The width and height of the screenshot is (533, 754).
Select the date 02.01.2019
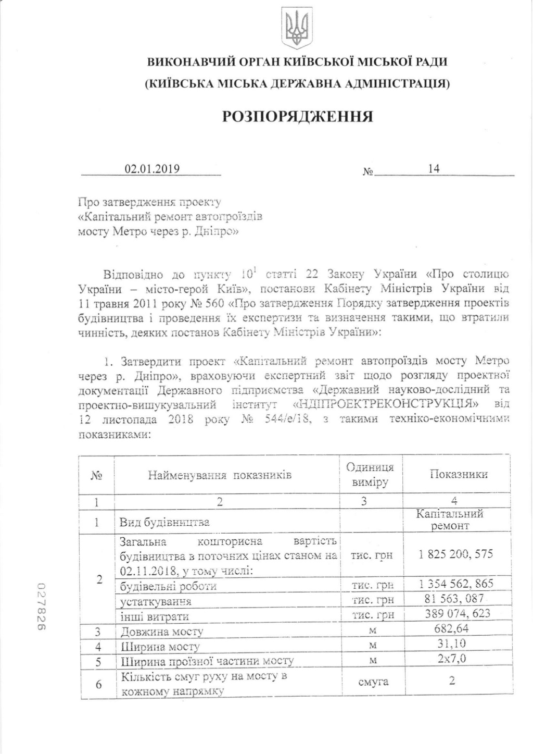(151, 169)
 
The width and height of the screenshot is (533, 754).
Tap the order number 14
(433, 169)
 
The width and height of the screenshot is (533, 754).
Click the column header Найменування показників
(220, 475)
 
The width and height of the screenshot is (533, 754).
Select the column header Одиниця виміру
(370, 475)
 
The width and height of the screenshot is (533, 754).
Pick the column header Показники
(459, 474)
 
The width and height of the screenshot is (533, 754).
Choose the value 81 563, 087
(454, 598)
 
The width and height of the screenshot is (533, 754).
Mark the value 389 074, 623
(458, 613)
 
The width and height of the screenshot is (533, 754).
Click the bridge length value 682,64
(451, 628)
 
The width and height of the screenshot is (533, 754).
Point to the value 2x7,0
(452, 659)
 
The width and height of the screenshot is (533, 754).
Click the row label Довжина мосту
(162, 632)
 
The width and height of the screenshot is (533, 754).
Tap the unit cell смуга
(373, 682)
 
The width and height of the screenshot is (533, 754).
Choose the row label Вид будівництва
(164, 522)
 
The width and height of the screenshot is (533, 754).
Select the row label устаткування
(156, 601)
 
